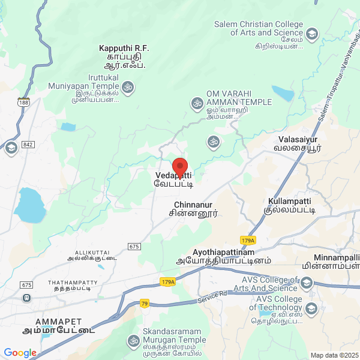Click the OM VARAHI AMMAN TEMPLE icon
(196, 103)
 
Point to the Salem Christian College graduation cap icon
(311, 34)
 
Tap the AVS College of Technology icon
(311, 309)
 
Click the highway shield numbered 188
(23, 101)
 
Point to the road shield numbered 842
(28, 145)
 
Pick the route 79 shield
(144, 304)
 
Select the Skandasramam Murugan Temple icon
(133, 340)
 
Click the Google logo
(20, 353)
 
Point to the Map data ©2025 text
(334, 355)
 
